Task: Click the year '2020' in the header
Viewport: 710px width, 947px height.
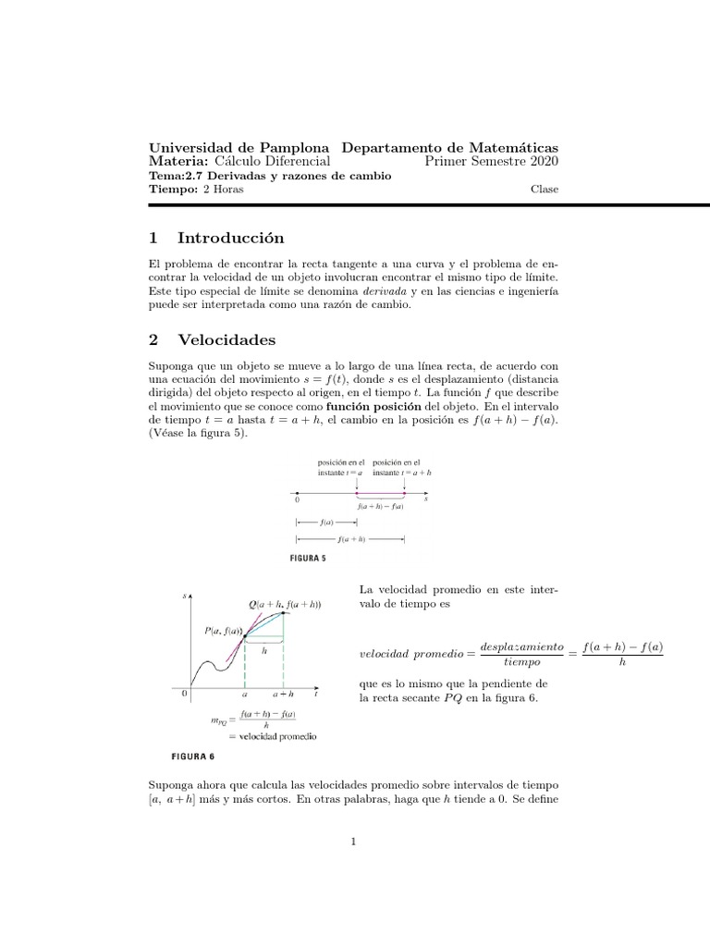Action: [x=541, y=162]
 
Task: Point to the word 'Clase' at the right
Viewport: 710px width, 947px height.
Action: [x=544, y=190]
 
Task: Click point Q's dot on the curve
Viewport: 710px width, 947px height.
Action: [x=283, y=615]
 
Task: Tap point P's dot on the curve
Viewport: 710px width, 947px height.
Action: [x=245, y=637]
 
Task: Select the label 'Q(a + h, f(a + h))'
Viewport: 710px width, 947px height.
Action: [x=284, y=604]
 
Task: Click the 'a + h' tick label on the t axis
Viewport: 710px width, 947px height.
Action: [x=283, y=692]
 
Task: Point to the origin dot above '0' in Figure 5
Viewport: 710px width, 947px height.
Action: [x=296, y=491]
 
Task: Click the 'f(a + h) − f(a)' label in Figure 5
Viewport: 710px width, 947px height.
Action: [x=380, y=507]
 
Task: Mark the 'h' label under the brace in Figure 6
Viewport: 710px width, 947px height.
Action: [x=264, y=650]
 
